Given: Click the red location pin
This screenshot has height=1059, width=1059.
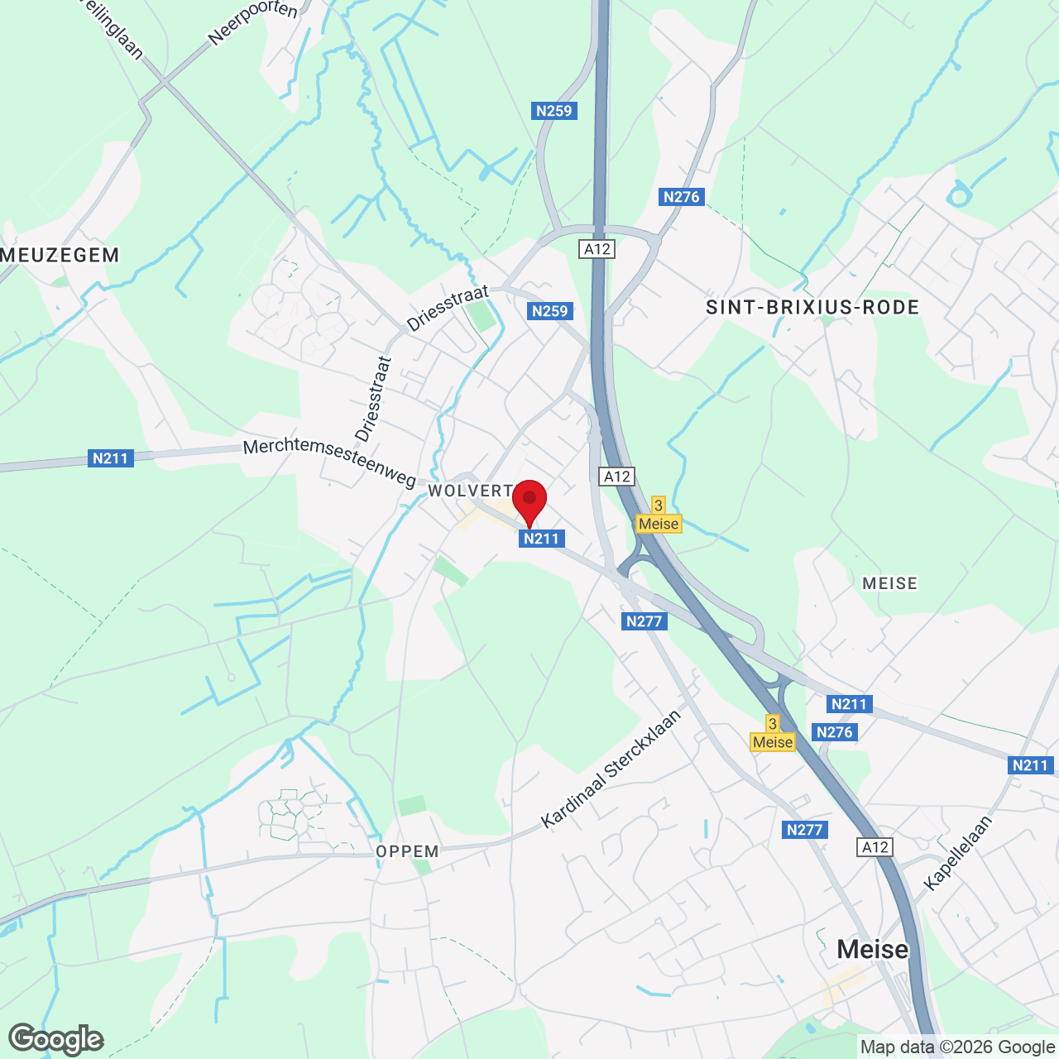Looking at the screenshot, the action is (x=529, y=501).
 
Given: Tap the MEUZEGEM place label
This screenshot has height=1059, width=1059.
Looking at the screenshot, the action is (x=60, y=255).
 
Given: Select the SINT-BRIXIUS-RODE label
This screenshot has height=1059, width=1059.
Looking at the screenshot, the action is (x=812, y=308).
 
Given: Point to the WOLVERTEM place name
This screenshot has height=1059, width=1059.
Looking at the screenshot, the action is (x=471, y=491).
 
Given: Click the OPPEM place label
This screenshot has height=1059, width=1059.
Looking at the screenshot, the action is (x=407, y=851).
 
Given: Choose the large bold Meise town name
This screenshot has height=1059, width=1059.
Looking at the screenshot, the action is (x=872, y=949).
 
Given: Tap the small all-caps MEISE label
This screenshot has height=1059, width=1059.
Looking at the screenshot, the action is (x=889, y=583).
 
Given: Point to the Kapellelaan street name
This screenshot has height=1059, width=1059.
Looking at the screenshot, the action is (x=957, y=853).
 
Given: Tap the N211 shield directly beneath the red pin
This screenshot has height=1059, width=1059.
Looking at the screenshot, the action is (x=541, y=539).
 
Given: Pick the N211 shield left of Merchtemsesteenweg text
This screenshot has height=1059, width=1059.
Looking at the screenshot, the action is (x=110, y=458).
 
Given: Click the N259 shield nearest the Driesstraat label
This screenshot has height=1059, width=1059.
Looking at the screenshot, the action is (x=550, y=311).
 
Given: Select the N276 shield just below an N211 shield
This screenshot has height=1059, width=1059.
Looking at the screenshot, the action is (x=834, y=732).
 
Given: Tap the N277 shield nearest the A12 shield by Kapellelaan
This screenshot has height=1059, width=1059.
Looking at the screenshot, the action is (x=804, y=830).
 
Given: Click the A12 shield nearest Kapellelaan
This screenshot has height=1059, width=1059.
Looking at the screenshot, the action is (x=875, y=847).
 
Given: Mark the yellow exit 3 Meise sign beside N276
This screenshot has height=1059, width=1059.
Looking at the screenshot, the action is (x=773, y=734).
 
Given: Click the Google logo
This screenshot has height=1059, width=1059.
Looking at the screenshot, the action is (x=56, y=1038).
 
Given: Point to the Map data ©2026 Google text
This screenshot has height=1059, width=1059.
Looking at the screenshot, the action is (x=957, y=1047).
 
